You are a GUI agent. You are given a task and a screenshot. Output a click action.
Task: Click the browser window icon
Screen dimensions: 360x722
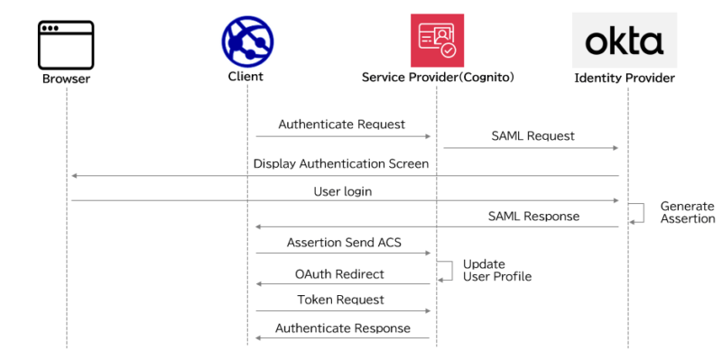coord(66,44)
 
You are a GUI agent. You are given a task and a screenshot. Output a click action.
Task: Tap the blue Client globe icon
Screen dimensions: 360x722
coord(247,42)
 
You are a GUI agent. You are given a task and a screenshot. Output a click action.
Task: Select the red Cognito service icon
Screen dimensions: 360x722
coord(437,41)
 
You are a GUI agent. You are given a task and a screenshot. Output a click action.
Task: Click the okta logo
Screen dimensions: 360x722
coord(624,41)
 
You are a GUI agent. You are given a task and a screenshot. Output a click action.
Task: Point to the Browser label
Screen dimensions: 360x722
coord(66,78)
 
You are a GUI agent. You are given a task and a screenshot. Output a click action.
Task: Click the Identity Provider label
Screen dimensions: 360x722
coord(625,78)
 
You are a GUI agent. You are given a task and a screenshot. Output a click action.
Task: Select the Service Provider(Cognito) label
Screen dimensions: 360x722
coord(438,78)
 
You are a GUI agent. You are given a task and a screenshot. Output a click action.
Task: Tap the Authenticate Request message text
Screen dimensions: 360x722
coord(341,125)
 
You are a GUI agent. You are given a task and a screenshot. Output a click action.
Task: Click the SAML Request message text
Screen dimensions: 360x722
coord(532,136)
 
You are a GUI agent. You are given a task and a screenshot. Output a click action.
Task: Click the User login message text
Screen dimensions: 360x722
coord(342,191)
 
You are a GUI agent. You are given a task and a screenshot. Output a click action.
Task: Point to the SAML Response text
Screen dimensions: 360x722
coord(533,216)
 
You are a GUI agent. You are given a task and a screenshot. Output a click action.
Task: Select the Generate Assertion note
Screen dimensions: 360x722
coord(687,212)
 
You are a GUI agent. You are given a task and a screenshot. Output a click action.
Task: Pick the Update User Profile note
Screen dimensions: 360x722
coord(496,270)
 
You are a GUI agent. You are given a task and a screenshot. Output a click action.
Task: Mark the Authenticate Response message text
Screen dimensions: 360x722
coord(342,328)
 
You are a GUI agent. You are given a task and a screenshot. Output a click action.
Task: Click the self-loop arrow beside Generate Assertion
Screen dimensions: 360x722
coord(637,213)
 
